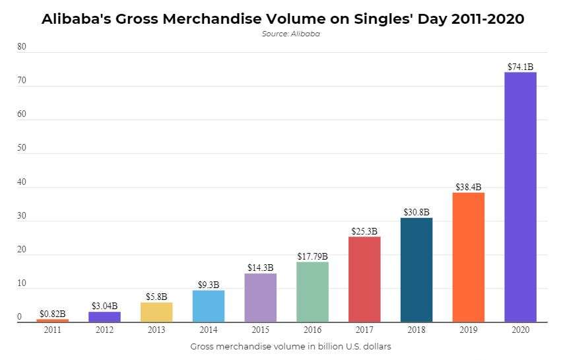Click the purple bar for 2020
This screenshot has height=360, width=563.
coord(520,197)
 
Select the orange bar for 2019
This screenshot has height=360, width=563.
coord(469,257)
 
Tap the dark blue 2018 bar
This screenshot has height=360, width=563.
coord(416,270)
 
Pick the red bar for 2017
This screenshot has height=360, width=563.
coord(364,279)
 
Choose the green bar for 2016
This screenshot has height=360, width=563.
coord(312,292)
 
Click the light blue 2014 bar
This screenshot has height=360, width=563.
coord(209,306)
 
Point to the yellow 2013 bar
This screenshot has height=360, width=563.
coord(156,312)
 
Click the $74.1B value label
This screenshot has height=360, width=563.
coord(520,67)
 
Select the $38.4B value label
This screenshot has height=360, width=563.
coord(469,187)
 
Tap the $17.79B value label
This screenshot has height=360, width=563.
coord(312,256)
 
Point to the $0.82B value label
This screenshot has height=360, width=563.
coord(52,313)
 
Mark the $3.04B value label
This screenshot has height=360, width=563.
coord(104,306)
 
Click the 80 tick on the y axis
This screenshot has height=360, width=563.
coord(22,47)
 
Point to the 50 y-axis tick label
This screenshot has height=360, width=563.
coord(22,148)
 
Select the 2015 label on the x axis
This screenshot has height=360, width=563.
coord(260,329)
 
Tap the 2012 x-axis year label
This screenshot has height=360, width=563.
coord(104,329)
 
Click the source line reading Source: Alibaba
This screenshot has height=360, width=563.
coord(291,34)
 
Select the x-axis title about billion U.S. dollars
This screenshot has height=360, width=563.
coord(291,346)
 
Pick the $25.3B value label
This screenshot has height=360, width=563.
coord(364,231)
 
